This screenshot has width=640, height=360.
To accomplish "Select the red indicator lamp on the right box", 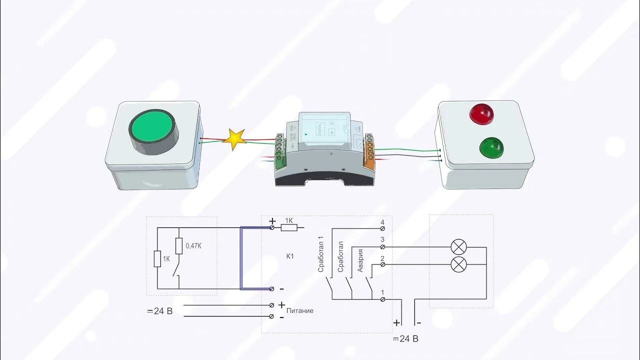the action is coord(481,113).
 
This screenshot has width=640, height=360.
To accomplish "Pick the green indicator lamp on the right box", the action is coord(492,147).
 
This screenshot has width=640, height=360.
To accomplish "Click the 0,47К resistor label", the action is coord(194,246).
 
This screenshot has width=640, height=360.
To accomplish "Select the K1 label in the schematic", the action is coord(290,256).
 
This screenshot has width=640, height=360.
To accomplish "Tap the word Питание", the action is coord(300,310).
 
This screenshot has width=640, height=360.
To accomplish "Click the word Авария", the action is coord(360,260).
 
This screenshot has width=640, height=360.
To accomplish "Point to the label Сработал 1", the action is coord(321,257).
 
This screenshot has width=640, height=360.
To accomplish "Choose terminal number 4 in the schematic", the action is coord(382,222).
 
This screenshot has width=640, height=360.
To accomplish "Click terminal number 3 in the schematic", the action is coord(382,240).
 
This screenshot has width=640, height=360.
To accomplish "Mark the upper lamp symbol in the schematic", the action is coord(458,247).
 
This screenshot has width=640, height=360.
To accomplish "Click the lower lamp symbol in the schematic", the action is coord(458,264).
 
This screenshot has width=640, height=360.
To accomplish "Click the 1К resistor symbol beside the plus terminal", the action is coord(289,228).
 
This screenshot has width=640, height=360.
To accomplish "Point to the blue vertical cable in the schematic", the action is coord(241,258).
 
